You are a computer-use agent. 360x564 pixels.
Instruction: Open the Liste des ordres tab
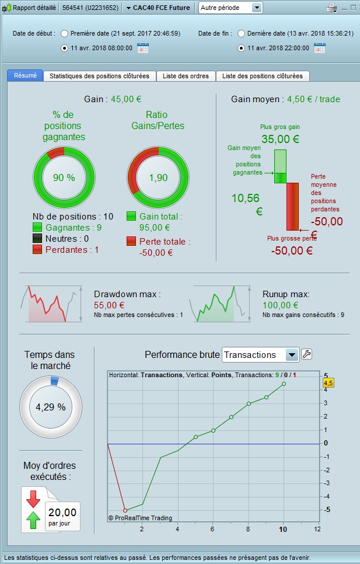pyautogui.click(x=186, y=76)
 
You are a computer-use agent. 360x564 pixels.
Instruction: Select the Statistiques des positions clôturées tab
pyautogui.click(x=99, y=76)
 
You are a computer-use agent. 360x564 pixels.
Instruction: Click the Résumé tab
pyautogui.click(x=25, y=76)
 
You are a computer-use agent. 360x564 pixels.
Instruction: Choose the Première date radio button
pyautogui.click(x=64, y=33)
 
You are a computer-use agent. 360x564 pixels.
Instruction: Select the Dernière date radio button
pyautogui.click(x=241, y=33)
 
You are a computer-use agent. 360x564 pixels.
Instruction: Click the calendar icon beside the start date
pyautogui.click(x=143, y=48)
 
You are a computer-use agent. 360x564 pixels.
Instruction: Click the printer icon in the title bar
pyautogui.click(x=331, y=8)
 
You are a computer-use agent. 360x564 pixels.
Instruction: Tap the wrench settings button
pyautogui.click(x=306, y=354)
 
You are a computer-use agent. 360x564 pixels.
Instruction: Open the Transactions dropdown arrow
pyautogui.click(x=292, y=354)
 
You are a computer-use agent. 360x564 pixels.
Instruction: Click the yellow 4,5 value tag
pyautogui.click(x=328, y=383)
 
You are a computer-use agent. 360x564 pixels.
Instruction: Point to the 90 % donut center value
pyautogui.click(x=64, y=177)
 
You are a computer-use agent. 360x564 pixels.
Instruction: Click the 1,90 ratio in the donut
pyautogui.click(x=158, y=177)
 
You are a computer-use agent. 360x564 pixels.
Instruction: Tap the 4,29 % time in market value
pyautogui.click(x=51, y=407)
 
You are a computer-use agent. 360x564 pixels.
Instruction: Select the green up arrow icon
pyautogui.click(x=33, y=519)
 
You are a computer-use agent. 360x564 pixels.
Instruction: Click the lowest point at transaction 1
pyautogui.click(x=125, y=510)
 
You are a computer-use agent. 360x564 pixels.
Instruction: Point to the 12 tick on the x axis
pyautogui.click(x=317, y=529)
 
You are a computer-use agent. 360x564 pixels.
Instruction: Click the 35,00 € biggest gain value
pyautogui.click(x=280, y=139)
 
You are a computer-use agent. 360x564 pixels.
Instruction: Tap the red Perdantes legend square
pyautogui.click(x=37, y=250)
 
